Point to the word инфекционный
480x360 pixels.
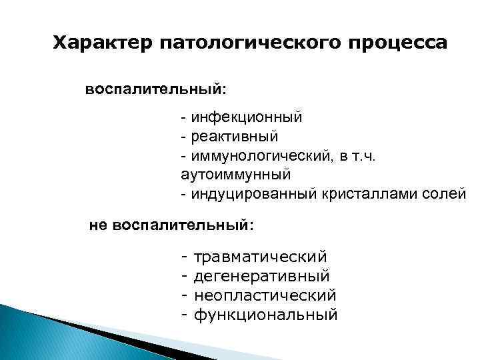pos(246,118)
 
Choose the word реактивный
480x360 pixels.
pos(234,137)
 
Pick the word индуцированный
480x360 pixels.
pos(248,194)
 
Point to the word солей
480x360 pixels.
pos(447,194)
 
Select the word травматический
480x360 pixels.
pos(260,257)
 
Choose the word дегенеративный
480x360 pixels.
pos(261,275)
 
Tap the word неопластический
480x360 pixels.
pos(265,295)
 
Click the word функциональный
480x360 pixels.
pos(265,313)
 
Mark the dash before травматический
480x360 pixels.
pos(183,257)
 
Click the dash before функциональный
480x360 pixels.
pos(183,313)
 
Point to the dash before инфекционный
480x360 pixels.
pos(183,118)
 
